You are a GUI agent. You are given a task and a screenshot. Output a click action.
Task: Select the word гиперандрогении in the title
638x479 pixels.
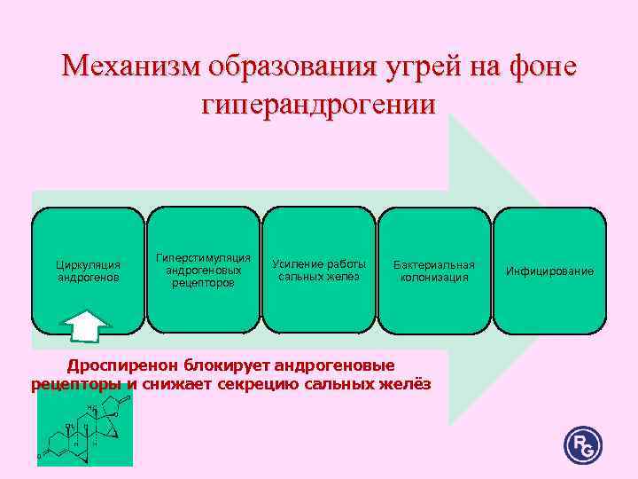pyautogui.click(x=319, y=106)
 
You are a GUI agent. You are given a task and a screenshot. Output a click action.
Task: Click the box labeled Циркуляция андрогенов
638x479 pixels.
pyautogui.click(x=88, y=269)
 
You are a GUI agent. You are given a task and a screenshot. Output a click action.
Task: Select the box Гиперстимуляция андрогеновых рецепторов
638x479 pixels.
pyautogui.click(x=203, y=269)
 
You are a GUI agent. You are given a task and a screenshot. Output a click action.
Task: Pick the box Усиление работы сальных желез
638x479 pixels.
pyautogui.click(x=319, y=269)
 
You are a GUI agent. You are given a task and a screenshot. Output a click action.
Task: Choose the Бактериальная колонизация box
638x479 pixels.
pyautogui.click(x=434, y=269)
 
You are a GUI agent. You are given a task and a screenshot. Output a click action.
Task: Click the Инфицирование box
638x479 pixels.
pyautogui.click(x=549, y=269)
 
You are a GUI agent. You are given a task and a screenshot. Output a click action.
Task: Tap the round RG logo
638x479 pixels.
pyautogui.click(x=582, y=444)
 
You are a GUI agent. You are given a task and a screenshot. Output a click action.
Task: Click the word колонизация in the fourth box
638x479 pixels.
pyautogui.click(x=434, y=278)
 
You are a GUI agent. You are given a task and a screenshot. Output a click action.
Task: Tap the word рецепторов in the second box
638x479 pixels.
pyautogui.click(x=203, y=283)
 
